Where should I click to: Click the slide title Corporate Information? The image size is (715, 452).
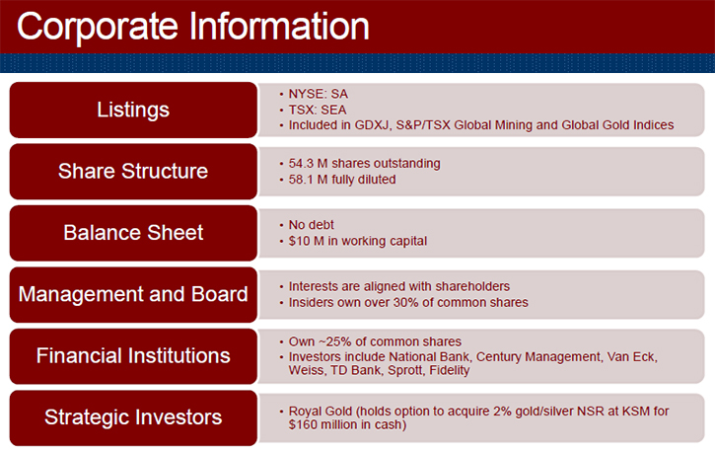click(x=193, y=28)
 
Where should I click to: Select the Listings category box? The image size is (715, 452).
click(x=133, y=110)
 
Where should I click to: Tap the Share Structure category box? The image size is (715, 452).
click(x=133, y=172)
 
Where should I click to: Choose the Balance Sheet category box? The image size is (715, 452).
click(x=133, y=233)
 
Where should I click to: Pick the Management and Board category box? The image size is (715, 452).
click(x=133, y=295)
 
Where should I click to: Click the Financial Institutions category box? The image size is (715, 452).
click(x=133, y=356)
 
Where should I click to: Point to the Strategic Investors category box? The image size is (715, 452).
click(x=133, y=417)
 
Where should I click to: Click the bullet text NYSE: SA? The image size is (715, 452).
click(x=319, y=94)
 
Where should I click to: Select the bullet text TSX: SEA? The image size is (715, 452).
click(x=318, y=110)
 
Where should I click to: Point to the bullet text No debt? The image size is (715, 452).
click(x=311, y=225)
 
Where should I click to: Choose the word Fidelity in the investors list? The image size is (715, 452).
click(x=450, y=370)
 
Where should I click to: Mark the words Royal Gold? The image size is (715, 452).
click(x=321, y=412)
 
